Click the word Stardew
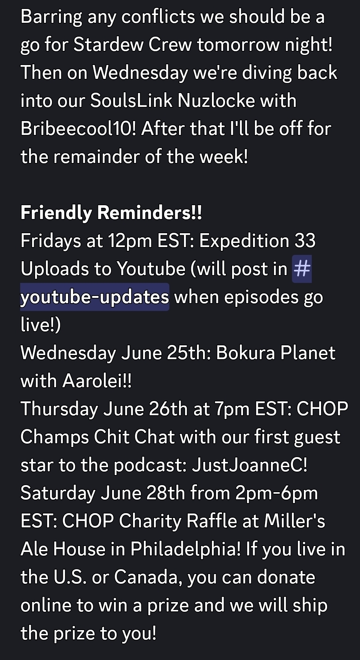click(x=108, y=44)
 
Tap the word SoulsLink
click(x=132, y=101)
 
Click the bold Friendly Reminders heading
click(x=111, y=213)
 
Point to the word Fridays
click(x=51, y=241)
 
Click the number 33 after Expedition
click(x=305, y=241)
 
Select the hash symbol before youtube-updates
click(x=302, y=269)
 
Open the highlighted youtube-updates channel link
click(x=95, y=297)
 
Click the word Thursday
click(x=59, y=409)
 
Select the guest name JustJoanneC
click(x=249, y=465)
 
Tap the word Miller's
click(x=295, y=521)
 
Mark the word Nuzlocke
click(x=216, y=101)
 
